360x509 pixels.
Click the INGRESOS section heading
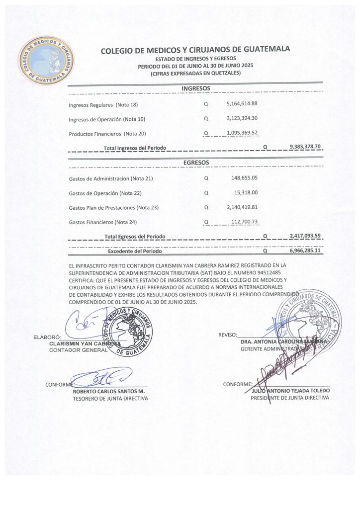pos(195,88)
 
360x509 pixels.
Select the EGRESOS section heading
pos(195,163)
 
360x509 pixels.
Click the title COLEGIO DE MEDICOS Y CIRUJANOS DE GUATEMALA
pos(195,50)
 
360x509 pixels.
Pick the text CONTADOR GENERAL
pos(78,350)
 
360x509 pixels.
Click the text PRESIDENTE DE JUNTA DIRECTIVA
pos(290,398)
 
